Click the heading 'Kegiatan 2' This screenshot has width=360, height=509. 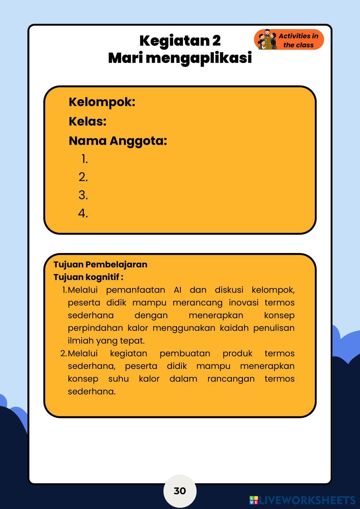coord(180,41)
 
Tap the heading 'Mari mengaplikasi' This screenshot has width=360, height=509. coord(180,58)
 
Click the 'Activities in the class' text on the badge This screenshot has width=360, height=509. coord(298,40)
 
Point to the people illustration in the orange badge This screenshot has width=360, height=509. coord(267,40)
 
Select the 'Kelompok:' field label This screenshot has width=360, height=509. coord(102,102)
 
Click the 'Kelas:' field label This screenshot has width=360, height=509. coord(87,122)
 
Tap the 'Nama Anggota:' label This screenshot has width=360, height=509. coord(118,141)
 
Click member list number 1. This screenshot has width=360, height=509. coord(84,159)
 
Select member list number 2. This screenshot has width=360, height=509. coord(83,177)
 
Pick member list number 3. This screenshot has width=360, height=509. coord(83,195)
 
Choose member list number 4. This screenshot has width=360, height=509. coord(83,213)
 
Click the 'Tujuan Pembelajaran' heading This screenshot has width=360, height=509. coord(100,265)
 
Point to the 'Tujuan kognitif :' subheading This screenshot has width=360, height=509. coord(89,277)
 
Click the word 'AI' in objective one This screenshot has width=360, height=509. coord(177,290)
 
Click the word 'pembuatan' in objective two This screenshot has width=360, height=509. coord(185,353)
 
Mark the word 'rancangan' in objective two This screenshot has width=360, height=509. coord(231,379)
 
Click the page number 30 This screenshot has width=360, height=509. coord(180,491)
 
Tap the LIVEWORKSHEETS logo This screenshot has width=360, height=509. coord(302,500)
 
